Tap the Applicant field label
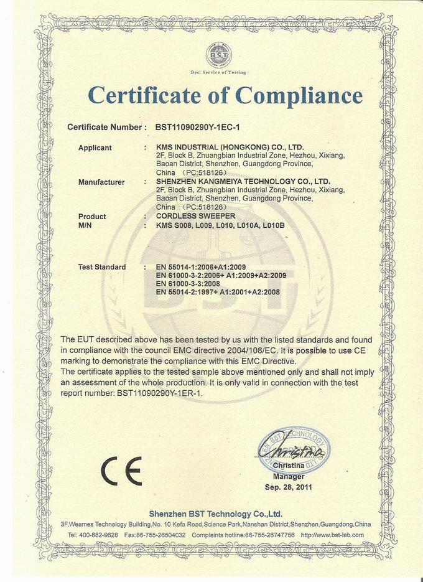[95, 148]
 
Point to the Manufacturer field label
[101, 182]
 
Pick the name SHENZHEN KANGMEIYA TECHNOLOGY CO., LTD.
[243, 182]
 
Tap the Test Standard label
[102, 267]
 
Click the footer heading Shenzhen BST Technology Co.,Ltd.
[216, 514]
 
